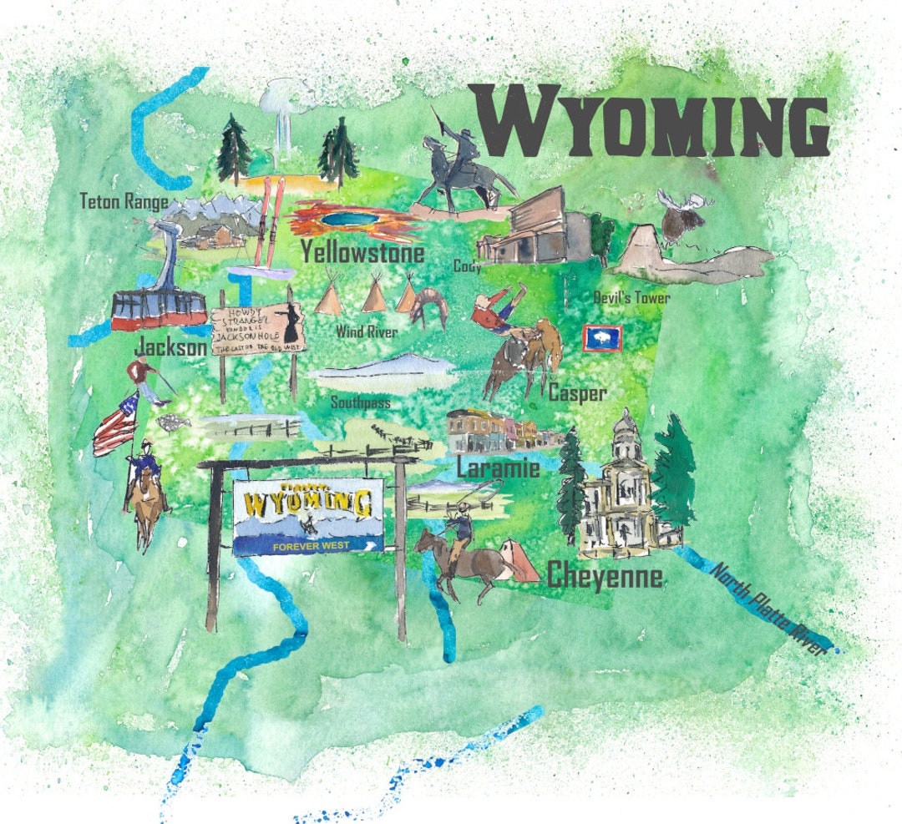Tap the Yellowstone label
point(362,251)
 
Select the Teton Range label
point(124,202)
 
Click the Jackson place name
point(170,346)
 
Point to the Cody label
point(467,266)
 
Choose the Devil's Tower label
point(631,297)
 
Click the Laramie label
point(498,468)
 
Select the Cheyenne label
point(605,576)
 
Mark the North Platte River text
point(768,609)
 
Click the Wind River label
point(366,331)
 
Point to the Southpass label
point(360,402)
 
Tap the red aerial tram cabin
point(159,310)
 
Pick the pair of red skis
point(269,221)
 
